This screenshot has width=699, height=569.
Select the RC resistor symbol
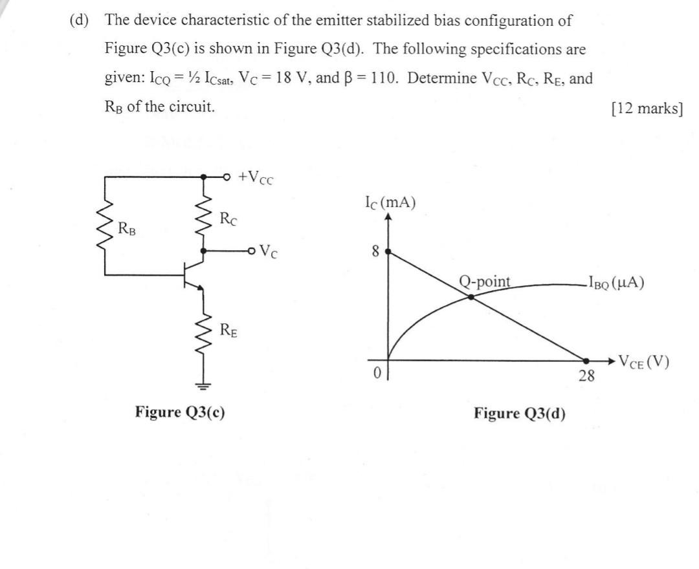(x=205, y=216)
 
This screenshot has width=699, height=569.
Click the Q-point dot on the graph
(x=471, y=297)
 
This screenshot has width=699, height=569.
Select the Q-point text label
(x=485, y=281)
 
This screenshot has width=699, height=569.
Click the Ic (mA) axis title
(x=391, y=202)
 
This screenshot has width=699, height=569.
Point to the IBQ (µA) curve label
(x=616, y=283)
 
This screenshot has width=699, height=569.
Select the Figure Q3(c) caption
(x=180, y=412)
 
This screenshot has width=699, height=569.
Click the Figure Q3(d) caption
(x=519, y=413)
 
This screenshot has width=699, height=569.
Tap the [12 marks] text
(x=647, y=108)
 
